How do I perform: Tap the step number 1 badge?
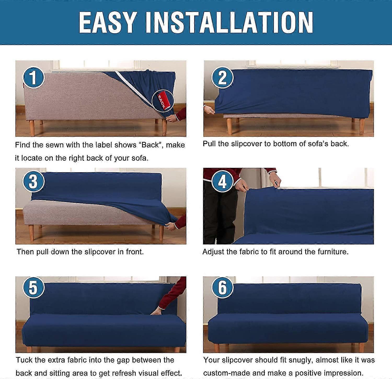tap(33, 77)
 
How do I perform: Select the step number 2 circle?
tap(222, 77)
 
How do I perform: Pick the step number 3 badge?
tap(33, 181)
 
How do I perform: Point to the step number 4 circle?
tap(222, 181)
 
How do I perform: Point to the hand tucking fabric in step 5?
tap(157, 311)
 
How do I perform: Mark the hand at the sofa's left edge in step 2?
tap(209, 110)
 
